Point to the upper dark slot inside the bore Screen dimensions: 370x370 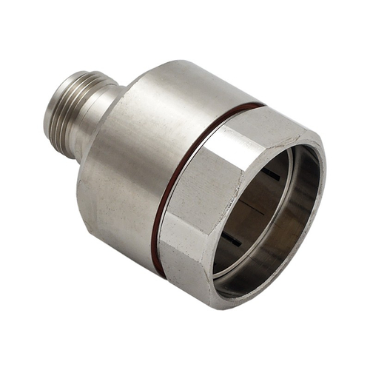(271, 174)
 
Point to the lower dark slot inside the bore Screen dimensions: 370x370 (233, 237)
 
